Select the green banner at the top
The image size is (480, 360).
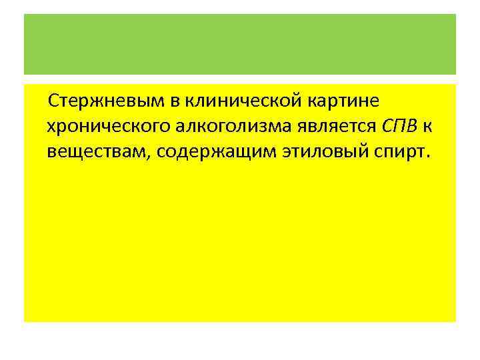point(240,44)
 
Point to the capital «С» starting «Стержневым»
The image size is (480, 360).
point(53,101)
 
